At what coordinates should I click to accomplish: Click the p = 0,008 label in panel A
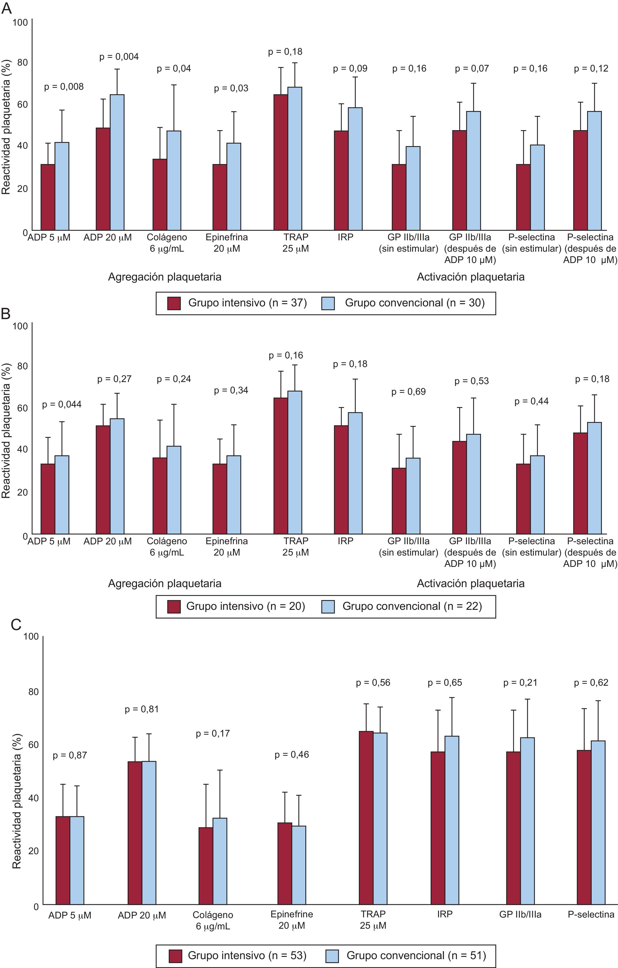64,87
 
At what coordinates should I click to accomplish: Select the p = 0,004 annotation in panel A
119,57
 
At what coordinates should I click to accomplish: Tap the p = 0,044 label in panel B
62,405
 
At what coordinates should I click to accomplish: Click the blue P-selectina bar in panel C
598,824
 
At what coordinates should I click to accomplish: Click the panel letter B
6,314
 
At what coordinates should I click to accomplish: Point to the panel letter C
16,625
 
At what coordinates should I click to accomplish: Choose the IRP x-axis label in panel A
345,237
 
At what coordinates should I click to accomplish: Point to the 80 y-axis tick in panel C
33,691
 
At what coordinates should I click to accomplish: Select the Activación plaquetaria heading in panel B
470,583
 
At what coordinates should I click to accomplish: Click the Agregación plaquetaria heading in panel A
164,277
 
